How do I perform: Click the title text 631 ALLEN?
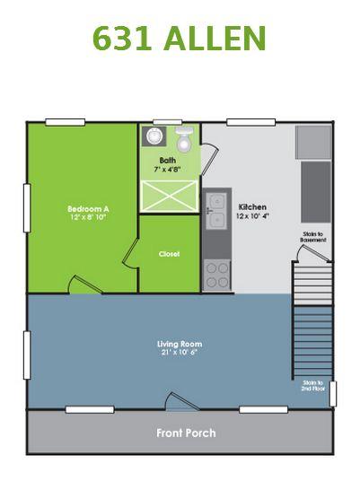click(x=180, y=38)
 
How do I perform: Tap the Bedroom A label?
click(x=88, y=208)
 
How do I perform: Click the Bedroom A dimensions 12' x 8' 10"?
click(x=88, y=217)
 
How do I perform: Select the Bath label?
click(x=168, y=161)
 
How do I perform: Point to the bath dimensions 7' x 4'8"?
click(x=168, y=170)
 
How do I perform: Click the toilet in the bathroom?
click(x=185, y=139)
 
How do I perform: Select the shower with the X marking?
click(x=169, y=197)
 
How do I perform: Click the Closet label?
click(x=169, y=254)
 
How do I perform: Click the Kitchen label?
click(x=252, y=206)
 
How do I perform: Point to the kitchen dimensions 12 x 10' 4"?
click(x=252, y=216)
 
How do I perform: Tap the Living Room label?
click(x=180, y=344)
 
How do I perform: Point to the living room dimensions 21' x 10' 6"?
click(x=180, y=353)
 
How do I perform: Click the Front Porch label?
click(x=186, y=433)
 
